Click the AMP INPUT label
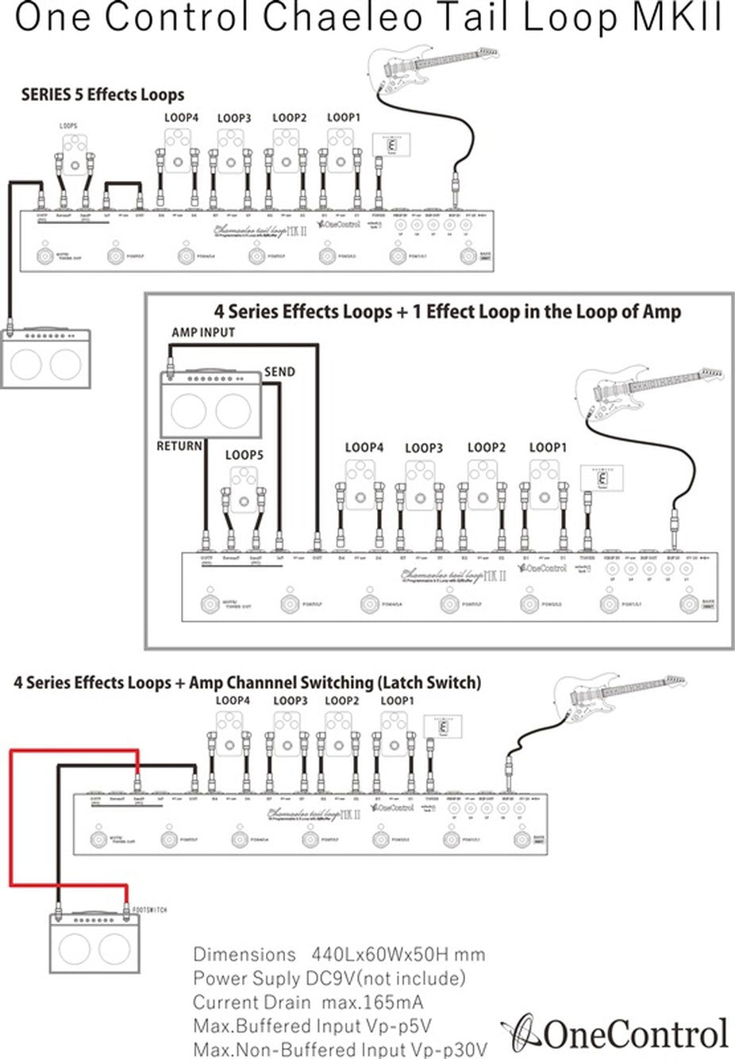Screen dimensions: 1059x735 coord(203,332)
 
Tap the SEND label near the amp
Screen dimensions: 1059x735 coord(279,372)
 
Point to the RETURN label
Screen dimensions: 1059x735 coord(179,446)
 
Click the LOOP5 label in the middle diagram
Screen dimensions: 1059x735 coord(244,455)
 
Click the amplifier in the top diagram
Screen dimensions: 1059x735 coord(46,357)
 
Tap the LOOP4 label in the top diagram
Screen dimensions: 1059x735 coord(181,117)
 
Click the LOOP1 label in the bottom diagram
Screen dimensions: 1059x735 coord(398,701)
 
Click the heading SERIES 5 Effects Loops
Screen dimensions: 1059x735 coord(102,95)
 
